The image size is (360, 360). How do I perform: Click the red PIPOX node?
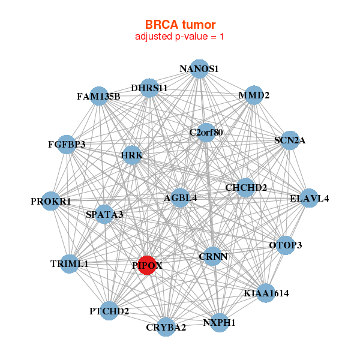coord(147,265)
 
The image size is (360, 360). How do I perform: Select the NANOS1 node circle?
coord(199,69)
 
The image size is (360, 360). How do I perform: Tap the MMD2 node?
coord(254,95)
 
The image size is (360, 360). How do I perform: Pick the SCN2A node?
coord(290,141)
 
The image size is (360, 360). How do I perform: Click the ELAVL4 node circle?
coord(309,199)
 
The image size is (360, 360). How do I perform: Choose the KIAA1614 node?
coord(266,293)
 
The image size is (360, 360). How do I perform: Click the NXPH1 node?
coord(220,322)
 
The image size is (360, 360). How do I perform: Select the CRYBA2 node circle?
coord(166,327)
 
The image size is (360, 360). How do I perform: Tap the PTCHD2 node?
coord(109,311)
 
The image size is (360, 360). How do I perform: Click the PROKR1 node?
coord(51,202)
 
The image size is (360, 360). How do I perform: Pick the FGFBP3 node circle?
coord(67,145)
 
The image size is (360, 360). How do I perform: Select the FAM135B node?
coord(99,96)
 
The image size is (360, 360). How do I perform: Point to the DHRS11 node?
coord(149,88)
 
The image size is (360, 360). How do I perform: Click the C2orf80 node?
coord(206,132)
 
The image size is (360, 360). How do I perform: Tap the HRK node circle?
coord(131,156)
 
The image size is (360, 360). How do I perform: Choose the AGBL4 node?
coord(181,197)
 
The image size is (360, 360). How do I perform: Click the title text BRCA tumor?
coord(180,25)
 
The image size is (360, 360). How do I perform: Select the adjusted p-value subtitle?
coord(180,37)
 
